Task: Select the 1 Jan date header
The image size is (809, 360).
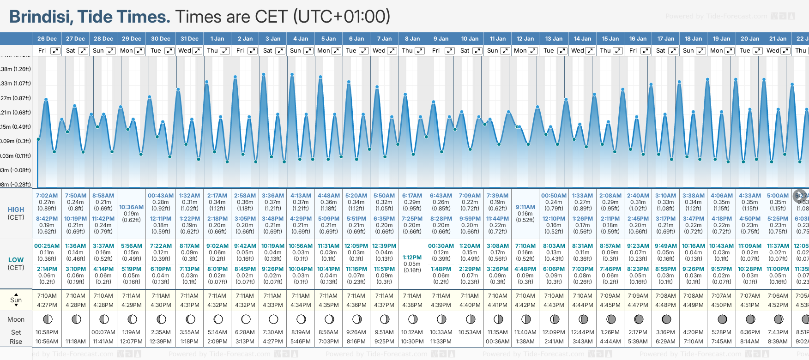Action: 217,39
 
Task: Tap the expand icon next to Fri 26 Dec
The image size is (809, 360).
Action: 55,51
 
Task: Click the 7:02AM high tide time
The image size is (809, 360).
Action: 47,196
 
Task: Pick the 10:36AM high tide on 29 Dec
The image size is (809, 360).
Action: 131,207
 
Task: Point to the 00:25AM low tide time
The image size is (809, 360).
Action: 47,246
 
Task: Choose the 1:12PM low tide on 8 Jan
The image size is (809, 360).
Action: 412,258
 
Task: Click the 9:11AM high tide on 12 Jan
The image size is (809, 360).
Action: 525,207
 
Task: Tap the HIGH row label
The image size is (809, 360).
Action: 16,210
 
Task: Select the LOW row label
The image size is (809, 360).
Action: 16,260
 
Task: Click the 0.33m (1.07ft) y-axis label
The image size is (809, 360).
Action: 15,84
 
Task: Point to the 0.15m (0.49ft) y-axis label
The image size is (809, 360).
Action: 15,127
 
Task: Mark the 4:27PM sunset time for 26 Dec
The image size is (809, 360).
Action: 47,305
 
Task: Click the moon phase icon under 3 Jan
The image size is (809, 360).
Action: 273,319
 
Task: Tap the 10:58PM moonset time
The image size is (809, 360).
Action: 47,332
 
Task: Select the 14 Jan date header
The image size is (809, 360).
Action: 582,39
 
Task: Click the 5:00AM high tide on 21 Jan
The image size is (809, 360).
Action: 778,196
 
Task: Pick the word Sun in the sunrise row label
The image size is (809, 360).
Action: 16,300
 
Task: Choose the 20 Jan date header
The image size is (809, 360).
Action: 749,39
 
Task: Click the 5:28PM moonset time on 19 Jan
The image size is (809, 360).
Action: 721,332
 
